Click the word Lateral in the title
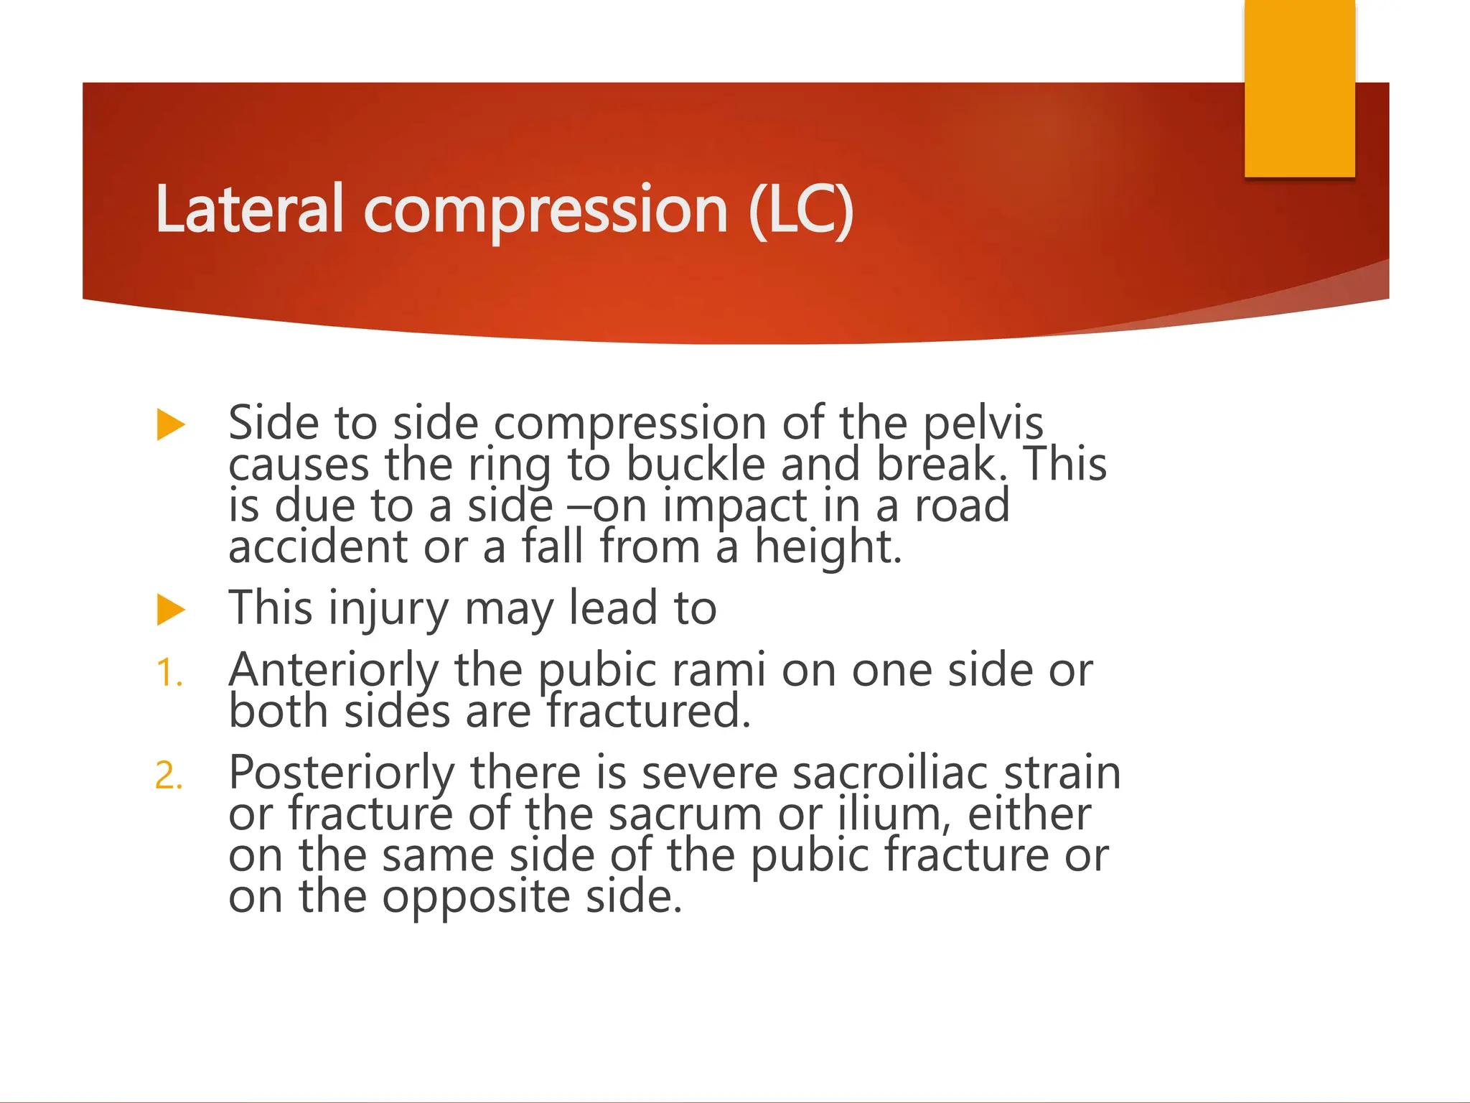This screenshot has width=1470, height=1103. [x=250, y=209]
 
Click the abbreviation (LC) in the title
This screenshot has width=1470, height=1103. [x=800, y=209]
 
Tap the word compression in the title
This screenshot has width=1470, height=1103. [x=546, y=210]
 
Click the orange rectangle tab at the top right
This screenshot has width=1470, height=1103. [x=1299, y=88]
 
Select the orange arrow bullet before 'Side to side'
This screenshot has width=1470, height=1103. [x=171, y=424]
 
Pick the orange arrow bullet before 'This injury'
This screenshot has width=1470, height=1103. [x=171, y=610]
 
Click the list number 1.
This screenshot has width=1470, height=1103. [x=169, y=674]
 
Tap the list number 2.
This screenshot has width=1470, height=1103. [x=169, y=776]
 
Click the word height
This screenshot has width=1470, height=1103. [x=827, y=547]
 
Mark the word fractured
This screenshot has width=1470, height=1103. [x=648, y=711]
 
